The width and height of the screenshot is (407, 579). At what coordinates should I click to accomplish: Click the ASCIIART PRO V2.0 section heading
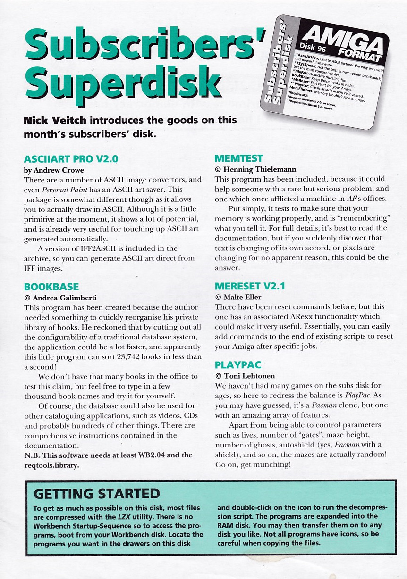(71, 159)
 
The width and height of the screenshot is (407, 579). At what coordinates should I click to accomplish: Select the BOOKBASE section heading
(51, 287)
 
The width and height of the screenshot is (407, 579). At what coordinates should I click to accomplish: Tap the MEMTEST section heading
(238, 158)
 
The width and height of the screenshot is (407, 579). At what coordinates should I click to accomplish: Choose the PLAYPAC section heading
(238, 365)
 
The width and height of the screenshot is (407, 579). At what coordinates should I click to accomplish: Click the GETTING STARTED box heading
(97, 494)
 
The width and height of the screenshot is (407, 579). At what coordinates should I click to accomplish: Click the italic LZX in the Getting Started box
(125, 517)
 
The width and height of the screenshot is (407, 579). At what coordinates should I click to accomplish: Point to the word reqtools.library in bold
(51, 464)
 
